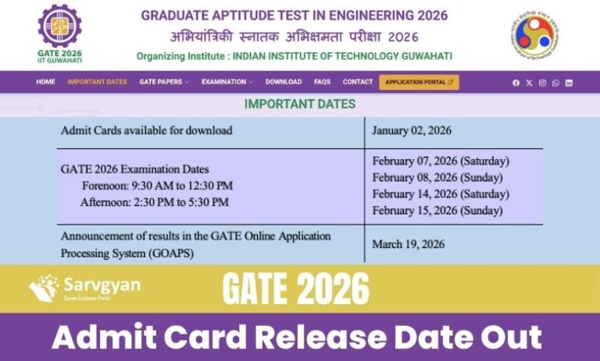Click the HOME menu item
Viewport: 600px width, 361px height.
[x=45, y=82]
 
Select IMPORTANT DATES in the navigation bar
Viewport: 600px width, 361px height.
[x=97, y=82]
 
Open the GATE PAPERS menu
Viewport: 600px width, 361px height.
[x=163, y=82]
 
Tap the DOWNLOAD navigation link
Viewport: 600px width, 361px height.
[x=283, y=82]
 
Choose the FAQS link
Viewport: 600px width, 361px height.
[x=322, y=82]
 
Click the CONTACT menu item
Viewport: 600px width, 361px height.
[x=358, y=82]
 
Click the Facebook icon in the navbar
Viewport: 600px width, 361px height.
[x=516, y=83]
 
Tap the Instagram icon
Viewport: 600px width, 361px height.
[x=542, y=83]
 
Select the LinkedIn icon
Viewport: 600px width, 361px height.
[x=569, y=83]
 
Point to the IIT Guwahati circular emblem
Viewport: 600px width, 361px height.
[x=535, y=35]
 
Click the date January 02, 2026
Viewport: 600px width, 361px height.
[x=412, y=131]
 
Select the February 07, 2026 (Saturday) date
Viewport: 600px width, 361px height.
[x=441, y=161]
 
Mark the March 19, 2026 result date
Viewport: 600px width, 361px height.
[x=408, y=244]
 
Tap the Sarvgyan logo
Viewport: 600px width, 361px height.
[x=86, y=288]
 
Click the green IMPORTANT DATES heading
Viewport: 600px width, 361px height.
[x=300, y=104]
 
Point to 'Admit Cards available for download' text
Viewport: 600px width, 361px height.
[x=146, y=131]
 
